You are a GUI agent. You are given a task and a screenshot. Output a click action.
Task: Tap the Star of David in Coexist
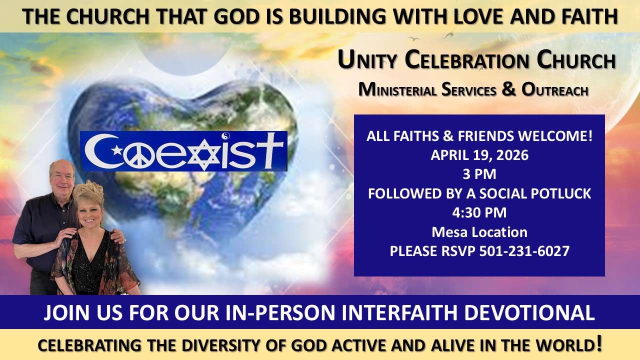[204, 155]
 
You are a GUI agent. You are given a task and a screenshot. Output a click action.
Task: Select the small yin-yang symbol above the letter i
[225, 136]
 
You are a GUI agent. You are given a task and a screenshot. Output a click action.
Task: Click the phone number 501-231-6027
[524, 251]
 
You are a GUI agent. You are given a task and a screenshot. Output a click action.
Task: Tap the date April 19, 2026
[479, 155]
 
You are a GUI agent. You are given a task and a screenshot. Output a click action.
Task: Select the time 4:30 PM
[479, 213]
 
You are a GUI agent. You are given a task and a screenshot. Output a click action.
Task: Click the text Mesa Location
[479, 232]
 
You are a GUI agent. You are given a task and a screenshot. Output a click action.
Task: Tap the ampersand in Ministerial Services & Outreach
[508, 89]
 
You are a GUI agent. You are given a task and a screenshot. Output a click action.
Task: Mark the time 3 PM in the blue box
[479, 174]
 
